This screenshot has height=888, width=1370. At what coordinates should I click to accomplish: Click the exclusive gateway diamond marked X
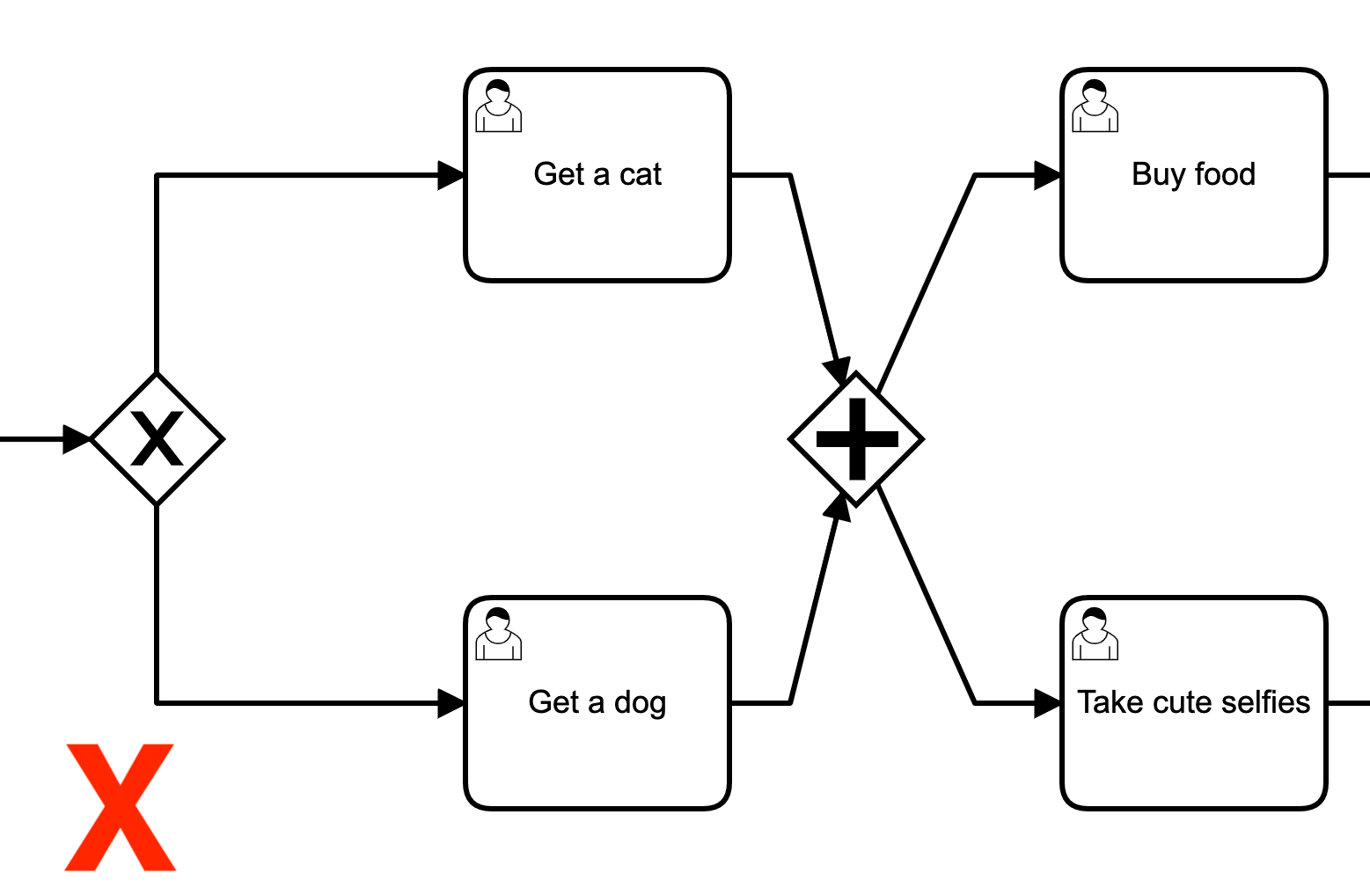point(157,438)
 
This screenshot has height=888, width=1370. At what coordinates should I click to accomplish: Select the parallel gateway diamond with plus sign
point(856,438)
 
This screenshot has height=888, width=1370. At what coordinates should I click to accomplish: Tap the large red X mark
point(121,807)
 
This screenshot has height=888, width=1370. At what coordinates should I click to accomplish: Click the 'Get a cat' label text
point(597,174)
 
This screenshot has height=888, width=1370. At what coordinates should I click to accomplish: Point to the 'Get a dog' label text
point(597,702)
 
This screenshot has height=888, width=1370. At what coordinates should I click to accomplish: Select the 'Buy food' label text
point(1193,174)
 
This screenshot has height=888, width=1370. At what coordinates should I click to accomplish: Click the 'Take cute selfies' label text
point(1193,702)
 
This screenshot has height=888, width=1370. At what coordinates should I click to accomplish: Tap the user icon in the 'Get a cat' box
point(498,106)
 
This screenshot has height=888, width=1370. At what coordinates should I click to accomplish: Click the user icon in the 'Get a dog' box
point(498,634)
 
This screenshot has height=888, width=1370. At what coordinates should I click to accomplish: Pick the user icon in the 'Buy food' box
point(1095,106)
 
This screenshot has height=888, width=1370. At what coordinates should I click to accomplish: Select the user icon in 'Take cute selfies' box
point(1095,634)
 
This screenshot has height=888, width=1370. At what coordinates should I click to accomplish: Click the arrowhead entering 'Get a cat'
point(451,175)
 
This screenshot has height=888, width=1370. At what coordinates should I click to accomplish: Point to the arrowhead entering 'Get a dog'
point(451,703)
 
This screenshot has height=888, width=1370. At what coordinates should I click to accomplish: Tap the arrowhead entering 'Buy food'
point(1048,175)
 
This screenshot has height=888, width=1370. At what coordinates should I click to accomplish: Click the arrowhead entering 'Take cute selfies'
point(1048,703)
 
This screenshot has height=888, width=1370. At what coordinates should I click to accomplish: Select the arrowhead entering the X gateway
point(77,438)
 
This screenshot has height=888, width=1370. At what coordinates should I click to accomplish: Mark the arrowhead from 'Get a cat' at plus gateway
point(839,371)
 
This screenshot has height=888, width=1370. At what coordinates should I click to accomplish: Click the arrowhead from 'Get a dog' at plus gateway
point(839,508)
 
